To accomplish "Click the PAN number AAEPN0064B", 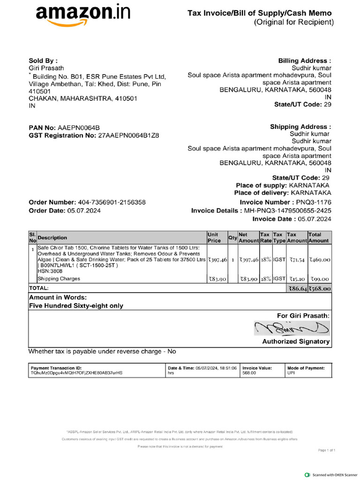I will coord(78,127).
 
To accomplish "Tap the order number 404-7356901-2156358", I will coord(111,202).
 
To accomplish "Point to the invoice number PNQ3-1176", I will coord(314,202).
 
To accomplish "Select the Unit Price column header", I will coord(214,237).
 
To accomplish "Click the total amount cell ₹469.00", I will coord(319,259).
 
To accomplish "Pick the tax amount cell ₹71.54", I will coord(296,259).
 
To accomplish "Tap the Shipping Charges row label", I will coord(59,279).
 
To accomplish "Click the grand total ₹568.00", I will coord(319,289).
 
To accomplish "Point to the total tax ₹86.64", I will coord(296,289).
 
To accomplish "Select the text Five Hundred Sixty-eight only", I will coord(76,306).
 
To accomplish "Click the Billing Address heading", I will coord(305,61).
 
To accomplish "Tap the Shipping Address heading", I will coord(300,127).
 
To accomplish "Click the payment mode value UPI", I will coord(291,373).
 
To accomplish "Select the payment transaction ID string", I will coord(76,373).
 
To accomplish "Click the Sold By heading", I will coord(43,61).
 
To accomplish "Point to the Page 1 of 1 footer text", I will coord(327,450).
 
